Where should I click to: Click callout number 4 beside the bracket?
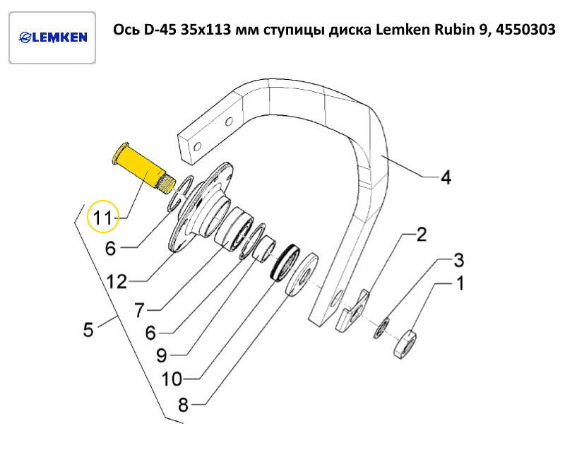click(445, 178)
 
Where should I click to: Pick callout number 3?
click(458, 260)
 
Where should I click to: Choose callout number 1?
click(459, 285)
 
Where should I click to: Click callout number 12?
click(117, 282)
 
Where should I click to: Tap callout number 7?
click(139, 309)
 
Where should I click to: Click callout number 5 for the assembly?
click(88, 329)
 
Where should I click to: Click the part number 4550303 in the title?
click(520, 30)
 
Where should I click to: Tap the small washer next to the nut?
click(382, 326)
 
